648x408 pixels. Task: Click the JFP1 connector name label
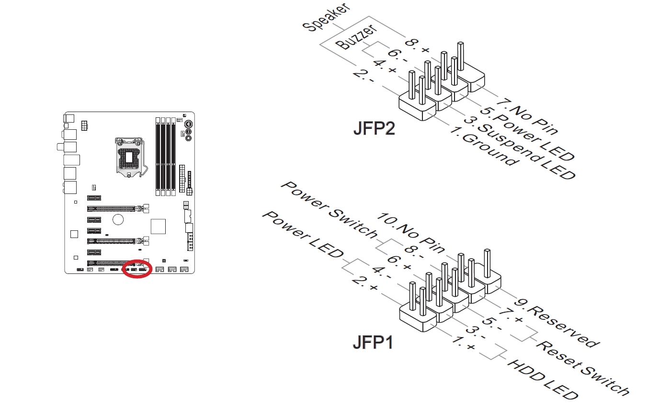[x=373, y=342]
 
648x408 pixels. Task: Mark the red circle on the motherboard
[x=137, y=269]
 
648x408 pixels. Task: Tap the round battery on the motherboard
[x=118, y=219]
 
